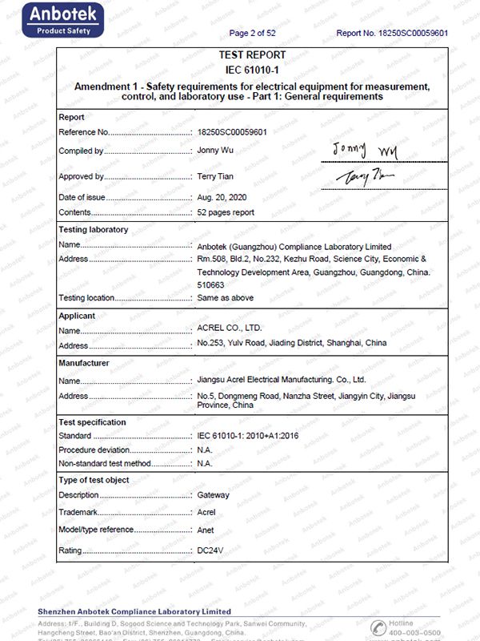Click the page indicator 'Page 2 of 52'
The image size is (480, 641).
click(x=252, y=33)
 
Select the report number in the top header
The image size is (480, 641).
click(x=391, y=33)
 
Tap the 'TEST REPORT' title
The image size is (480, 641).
click(x=252, y=55)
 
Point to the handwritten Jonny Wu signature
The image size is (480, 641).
click(x=365, y=150)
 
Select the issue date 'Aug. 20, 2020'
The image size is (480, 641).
click(x=223, y=196)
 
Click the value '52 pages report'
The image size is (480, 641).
click(x=226, y=212)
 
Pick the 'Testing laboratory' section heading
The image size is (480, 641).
click(x=94, y=230)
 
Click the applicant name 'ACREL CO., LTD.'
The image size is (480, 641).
click(x=228, y=329)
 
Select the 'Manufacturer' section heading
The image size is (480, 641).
click(x=84, y=363)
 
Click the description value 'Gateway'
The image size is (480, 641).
click(x=213, y=496)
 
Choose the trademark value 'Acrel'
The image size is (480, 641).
click(x=206, y=513)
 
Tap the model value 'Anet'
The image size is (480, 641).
click(x=206, y=530)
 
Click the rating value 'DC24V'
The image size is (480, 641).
click(x=210, y=551)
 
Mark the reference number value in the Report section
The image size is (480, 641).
click(x=232, y=131)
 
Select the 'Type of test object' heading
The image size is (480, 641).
click(x=94, y=480)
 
